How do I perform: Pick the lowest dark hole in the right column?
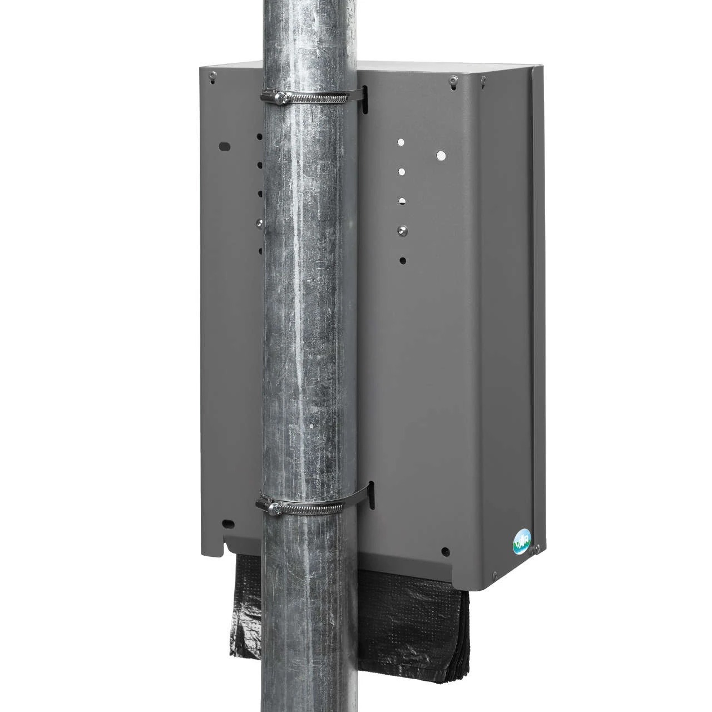(x=403, y=260)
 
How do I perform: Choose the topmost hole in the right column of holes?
(x=400, y=142)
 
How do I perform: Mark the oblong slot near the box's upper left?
(x=225, y=147)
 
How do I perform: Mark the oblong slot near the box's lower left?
(x=227, y=523)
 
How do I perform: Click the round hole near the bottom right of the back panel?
(x=445, y=551)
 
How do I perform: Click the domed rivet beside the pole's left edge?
(x=259, y=222)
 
